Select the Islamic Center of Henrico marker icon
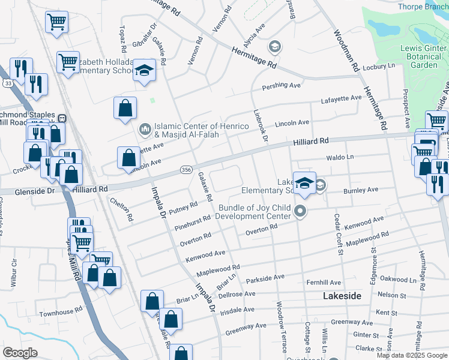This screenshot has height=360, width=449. point(144,129)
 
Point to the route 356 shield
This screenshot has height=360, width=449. point(186,171)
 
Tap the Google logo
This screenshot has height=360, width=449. point(20,353)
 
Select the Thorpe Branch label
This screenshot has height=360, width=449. point(423,7)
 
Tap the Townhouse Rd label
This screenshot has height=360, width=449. point(61,313)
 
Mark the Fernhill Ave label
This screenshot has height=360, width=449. point(324,282)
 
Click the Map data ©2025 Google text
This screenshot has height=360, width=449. point(412,355)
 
